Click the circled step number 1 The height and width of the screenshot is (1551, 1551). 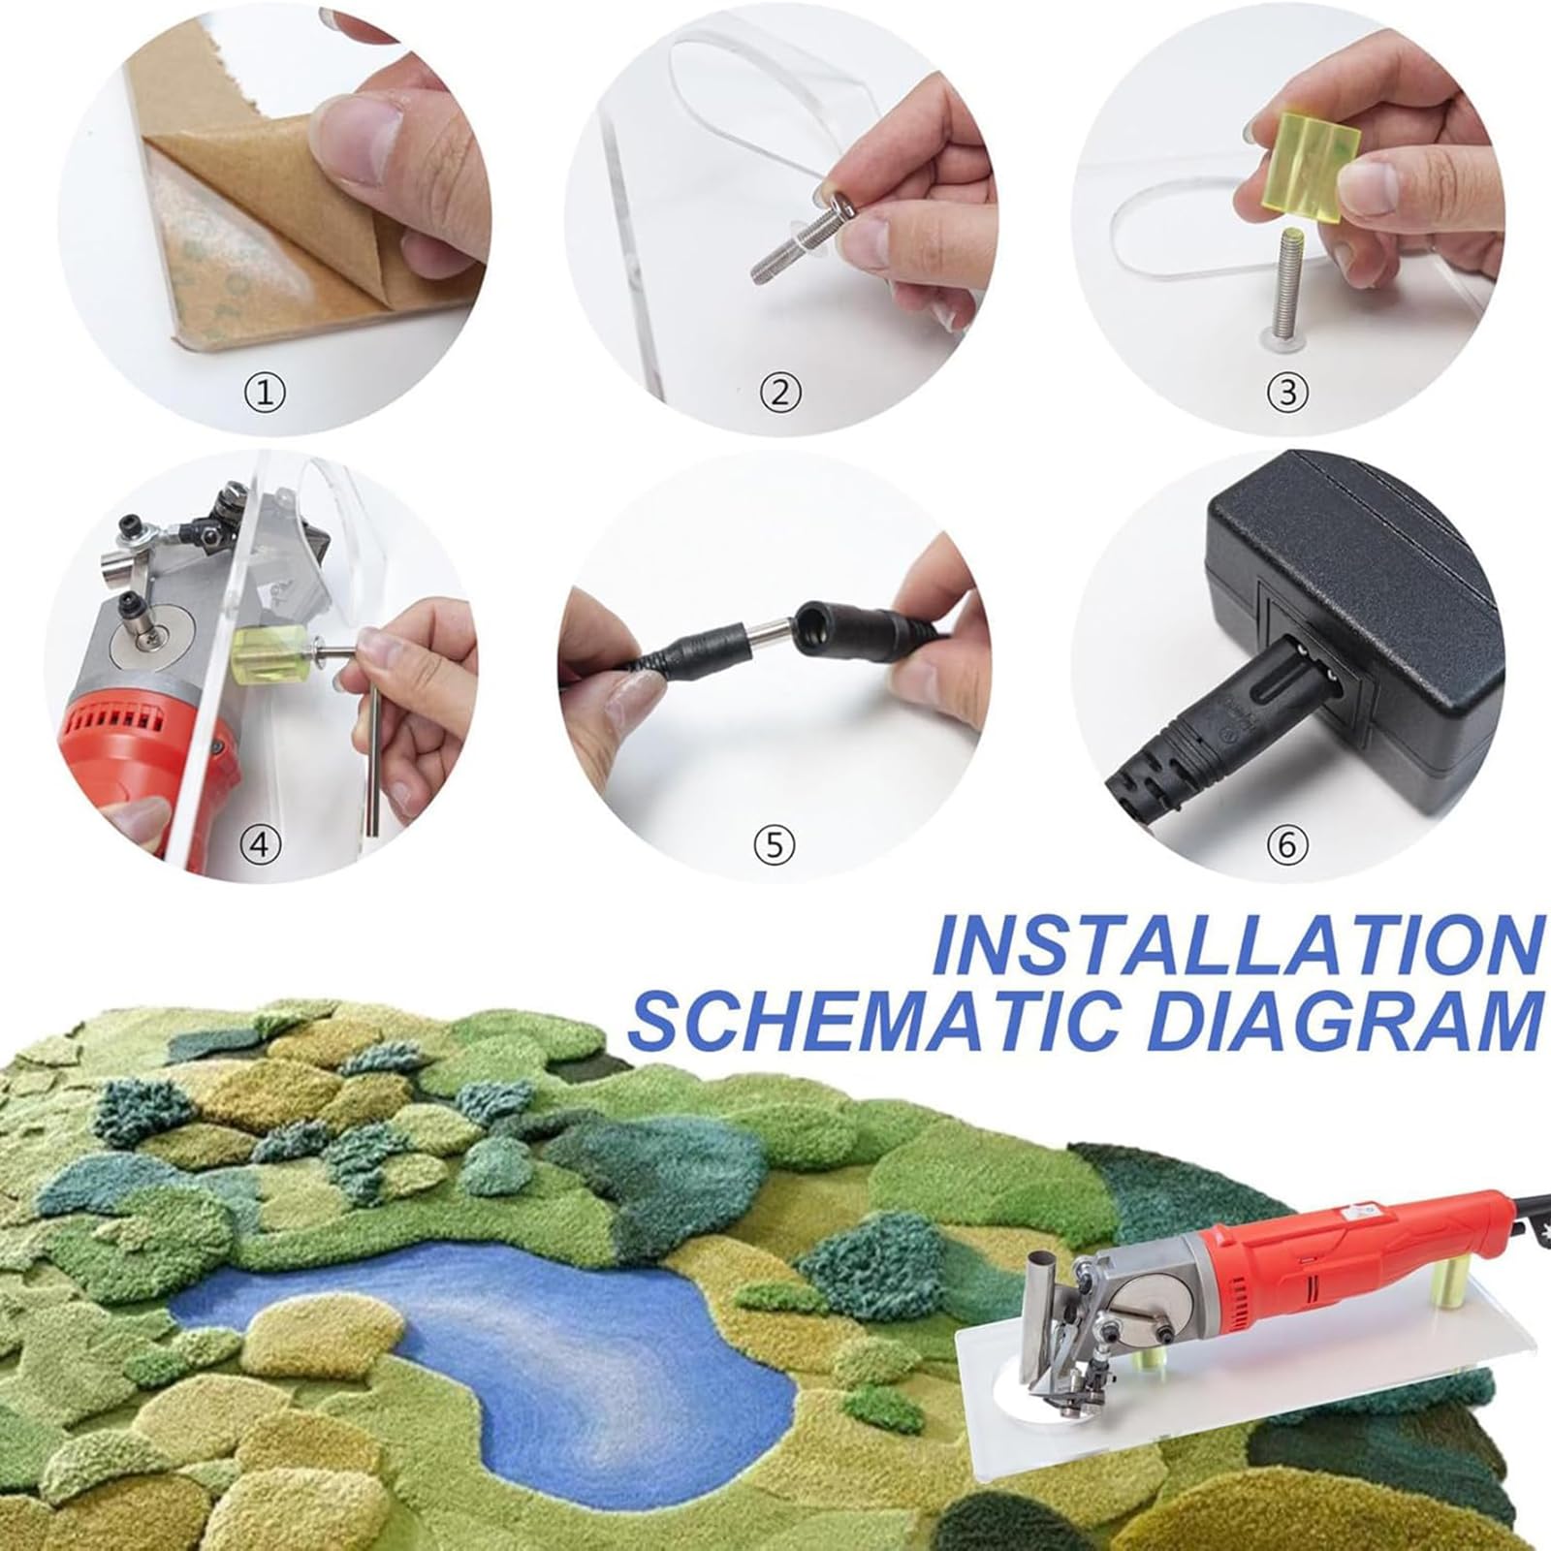pos(264,393)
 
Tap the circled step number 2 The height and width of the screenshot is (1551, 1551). pos(780,393)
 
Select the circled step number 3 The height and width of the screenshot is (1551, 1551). pos(1287,393)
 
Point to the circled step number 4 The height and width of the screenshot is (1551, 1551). pos(259,844)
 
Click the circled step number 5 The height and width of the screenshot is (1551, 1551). pos(774,844)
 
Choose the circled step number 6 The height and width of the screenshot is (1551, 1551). pos(1287,844)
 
